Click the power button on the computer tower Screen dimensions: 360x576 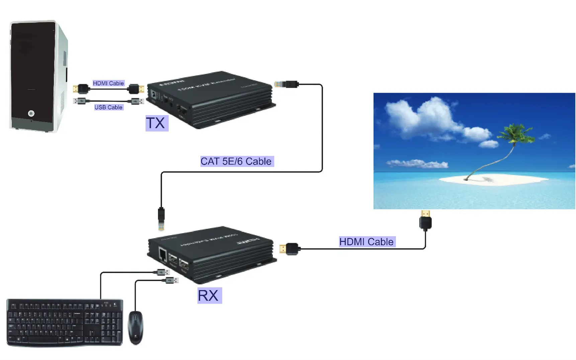(x=31, y=113)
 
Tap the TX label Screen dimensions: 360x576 (x=156, y=123)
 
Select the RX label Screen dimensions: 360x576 (x=209, y=296)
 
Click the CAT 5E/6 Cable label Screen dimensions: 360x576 (x=236, y=161)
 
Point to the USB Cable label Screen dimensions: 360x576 (x=108, y=107)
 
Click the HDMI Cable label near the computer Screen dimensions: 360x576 (x=108, y=83)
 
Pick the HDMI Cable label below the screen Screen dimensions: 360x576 (x=366, y=242)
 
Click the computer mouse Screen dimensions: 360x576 (x=136, y=327)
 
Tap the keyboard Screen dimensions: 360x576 (x=65, y=322)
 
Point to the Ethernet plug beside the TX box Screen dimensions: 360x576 (x=286, y=84)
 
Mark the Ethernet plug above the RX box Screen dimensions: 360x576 (x=161, y=219)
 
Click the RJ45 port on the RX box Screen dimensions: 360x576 (x=163, y=255)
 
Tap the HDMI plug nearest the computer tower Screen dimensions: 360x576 (x=80, y=89)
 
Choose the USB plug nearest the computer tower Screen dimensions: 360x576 (x=80, y=101)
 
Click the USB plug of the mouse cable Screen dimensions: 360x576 (x=172, y=280)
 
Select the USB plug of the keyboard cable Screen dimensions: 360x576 (x=163, y=272)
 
